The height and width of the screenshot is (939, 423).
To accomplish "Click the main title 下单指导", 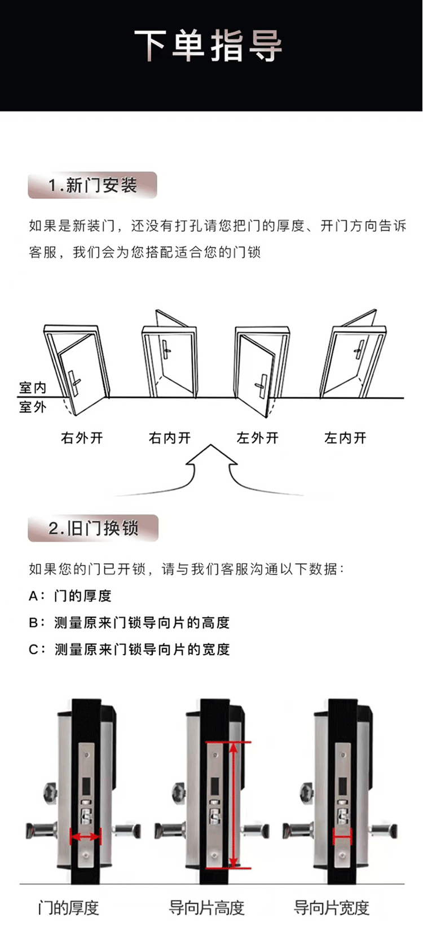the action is (209, 46).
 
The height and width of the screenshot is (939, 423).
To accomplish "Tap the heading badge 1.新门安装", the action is (92, 185).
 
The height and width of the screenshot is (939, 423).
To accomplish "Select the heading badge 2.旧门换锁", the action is (93, 528).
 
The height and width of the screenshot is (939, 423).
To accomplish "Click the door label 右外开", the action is (82, 438).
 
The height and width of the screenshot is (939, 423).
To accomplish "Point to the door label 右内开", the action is (170, 438).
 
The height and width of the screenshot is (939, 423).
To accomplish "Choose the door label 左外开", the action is (258, 438).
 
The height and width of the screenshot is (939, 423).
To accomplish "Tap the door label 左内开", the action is (345, 438).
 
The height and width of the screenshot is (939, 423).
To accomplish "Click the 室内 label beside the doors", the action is (33, 388).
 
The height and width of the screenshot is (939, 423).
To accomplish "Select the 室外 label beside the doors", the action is (33, 407).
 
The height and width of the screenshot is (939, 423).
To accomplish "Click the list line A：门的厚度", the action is (70, 595).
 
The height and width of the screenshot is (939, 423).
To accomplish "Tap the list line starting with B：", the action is (129, 622).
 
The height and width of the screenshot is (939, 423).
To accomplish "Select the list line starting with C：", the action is (129, 650).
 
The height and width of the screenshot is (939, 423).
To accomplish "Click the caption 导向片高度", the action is (207, 908).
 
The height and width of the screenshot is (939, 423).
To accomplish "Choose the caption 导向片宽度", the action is (332, 908).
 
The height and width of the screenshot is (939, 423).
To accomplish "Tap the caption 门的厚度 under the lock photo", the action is (68, 908).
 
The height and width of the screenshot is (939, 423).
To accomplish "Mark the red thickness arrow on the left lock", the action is (85, 836).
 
